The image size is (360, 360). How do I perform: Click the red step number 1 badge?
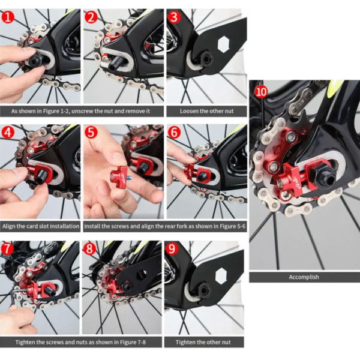(x=8, y=17)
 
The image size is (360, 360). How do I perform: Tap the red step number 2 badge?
(x=91, y=17)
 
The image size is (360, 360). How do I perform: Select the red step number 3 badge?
(x=174, y=17)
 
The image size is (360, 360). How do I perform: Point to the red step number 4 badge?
(x=8, y=133)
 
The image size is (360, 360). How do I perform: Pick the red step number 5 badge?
(x=91, y=133)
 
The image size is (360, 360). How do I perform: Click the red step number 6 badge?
(x=174, y=133)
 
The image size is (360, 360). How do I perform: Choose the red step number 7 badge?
(x=7, y=248)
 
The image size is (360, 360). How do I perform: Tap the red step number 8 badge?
(x=89, y=248)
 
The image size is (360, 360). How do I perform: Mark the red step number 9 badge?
(x=172, y=248)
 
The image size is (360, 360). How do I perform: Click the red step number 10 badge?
(x=261, y=92)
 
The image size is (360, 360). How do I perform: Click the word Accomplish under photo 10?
(x=304, y=277)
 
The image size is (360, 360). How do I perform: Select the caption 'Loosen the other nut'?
(x=206, y=111)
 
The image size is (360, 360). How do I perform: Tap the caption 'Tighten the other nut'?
(x=203, y=343)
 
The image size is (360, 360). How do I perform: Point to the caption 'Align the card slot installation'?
(x=41, y=226)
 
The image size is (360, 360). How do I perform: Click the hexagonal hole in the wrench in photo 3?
(x=223, y=44)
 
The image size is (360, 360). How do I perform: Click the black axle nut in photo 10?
(x=324, y=176)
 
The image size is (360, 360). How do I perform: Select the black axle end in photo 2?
(x=116, y=65)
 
